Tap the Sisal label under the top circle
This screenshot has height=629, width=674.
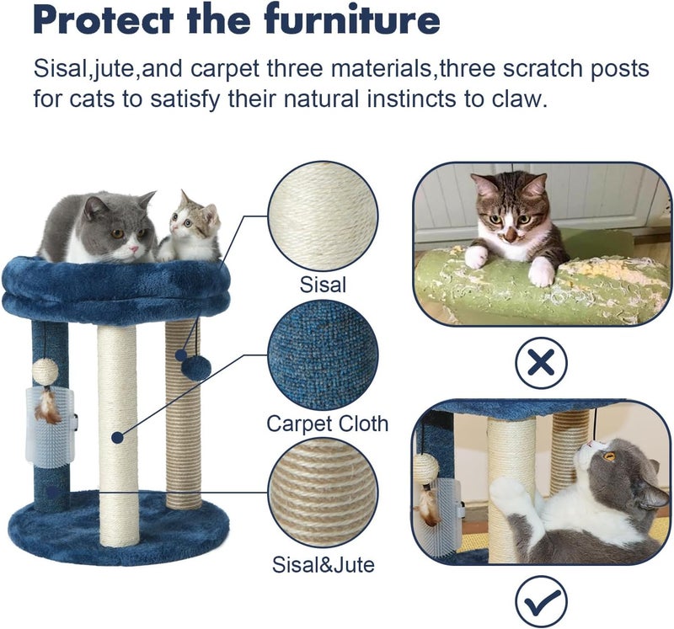pyautogui.click(x=323, y=285)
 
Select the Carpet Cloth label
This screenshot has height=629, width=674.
pyautogui.click(x=328, y=423)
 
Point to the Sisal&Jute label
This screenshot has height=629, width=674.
pyautogui.click(x=323, y=563)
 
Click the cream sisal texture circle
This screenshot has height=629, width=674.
pyautogui.click(x=323, y=216)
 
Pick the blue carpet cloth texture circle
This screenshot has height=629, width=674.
pyautogui.click(x=323, y=355)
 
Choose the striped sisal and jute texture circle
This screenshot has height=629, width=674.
pyautogui.click(x=323, y=494)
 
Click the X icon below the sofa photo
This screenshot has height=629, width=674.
pyautogui.click(x=541, y=363)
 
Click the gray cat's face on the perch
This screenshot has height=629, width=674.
pyautogui.click(x=123, y=236)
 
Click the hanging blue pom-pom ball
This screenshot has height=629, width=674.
pyautogui.click(x=196, y=367)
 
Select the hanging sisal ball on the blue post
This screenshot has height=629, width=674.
pyautogui.click(x=45, y=370)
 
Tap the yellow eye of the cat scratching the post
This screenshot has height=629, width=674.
pyautogui.click(x=608, y=456)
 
